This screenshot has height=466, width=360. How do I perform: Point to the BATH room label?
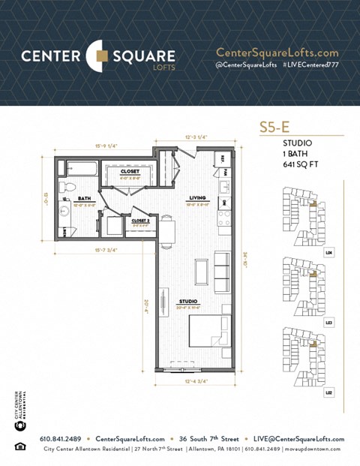pyautogui.click(x=84, y=199)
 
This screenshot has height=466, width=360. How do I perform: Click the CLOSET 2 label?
pyautogui.click(x=141, y=221)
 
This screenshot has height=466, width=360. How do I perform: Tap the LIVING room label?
pyautogui.click(x=198, y=199)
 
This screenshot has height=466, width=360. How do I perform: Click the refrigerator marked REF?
pyautogui.click(x=223, y=160)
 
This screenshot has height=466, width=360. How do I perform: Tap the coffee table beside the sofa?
pyautogui.click(x=201, y=272)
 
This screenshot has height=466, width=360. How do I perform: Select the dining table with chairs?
pyautogui.click(x=168, y=229)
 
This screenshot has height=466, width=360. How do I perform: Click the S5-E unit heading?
pyautogui.click(x=274, y=127)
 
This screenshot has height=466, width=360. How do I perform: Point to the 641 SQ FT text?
pyautogui.click(x=298, y=164)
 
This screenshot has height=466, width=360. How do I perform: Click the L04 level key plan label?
pyautogui.click(x=328, y=253)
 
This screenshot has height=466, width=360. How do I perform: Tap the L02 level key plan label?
pyautogui.click(x=328, y=392)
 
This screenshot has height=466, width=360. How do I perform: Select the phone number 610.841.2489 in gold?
pyautogui.click(x=60, y=438)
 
